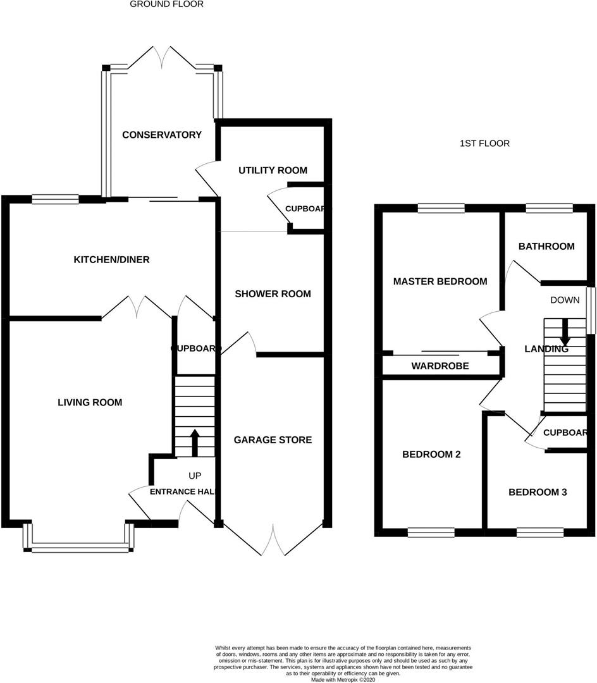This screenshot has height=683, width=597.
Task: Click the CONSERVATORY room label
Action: (162, 135)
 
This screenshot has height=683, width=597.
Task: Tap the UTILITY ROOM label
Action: (273, 170)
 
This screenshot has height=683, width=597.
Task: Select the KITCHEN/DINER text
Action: (112, 260)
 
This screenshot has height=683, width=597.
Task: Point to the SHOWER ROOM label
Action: (273, 294)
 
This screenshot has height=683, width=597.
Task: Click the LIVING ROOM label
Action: (90, 402)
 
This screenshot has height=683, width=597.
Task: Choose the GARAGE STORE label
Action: (273, 440)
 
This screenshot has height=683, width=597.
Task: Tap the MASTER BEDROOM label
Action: (440, 281)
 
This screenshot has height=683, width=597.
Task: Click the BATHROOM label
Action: (546, 247)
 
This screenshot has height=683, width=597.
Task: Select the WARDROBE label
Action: (440, 366)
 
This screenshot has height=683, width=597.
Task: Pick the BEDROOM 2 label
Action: (431, 455)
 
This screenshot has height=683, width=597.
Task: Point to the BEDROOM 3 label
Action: (537, 493)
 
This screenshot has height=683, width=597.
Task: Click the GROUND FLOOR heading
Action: (167, 4)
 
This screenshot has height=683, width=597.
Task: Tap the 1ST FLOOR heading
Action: (484, 144)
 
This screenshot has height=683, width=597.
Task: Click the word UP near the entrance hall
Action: (194, 476)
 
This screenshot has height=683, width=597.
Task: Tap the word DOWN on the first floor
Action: (565, 300)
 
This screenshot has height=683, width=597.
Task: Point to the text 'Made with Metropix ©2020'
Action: (343, 679)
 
